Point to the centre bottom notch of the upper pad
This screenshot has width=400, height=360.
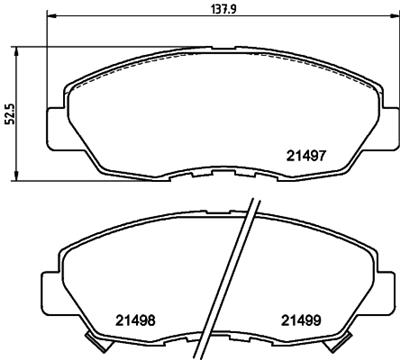[x=212, y=176]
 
